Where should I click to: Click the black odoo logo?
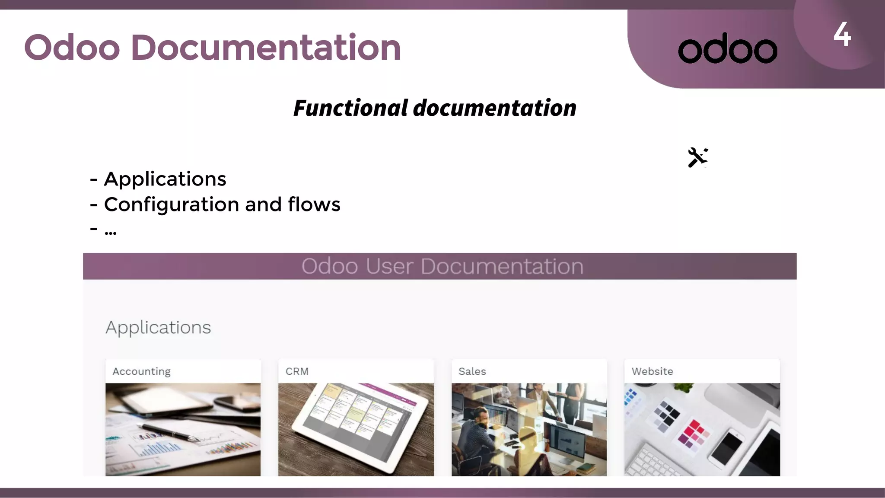coord(728,48)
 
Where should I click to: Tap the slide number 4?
coord(842,34)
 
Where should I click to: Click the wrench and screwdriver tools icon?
coord(697,157)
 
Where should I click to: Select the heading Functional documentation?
coord(435,108)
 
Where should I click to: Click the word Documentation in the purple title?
coord(266,47)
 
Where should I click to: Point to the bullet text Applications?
coord(165,179)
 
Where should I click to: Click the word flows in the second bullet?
coord(314,204)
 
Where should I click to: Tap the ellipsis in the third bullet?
coord(111,232)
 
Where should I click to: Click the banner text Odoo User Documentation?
coord(442,266)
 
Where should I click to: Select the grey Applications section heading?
coord(158,327)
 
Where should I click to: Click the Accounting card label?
coord(141,371)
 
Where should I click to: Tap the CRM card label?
coord(297,371)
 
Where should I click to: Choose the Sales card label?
coord(472,371)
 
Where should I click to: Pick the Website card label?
coord(652,371)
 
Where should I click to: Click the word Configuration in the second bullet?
coord(172,204)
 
